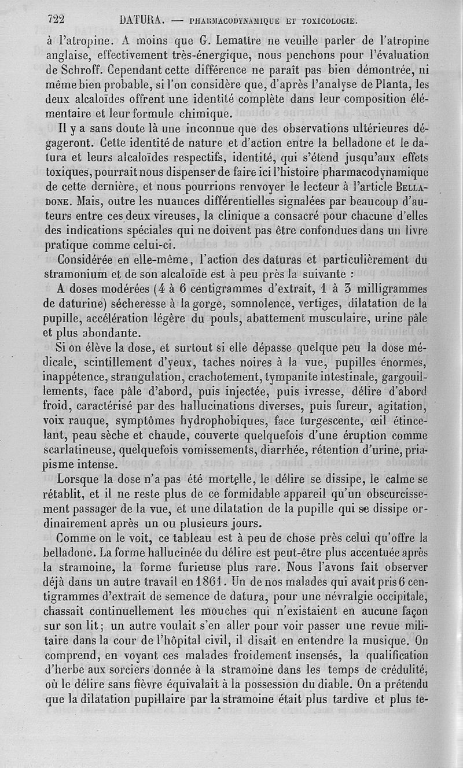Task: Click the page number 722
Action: (56, 20)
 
